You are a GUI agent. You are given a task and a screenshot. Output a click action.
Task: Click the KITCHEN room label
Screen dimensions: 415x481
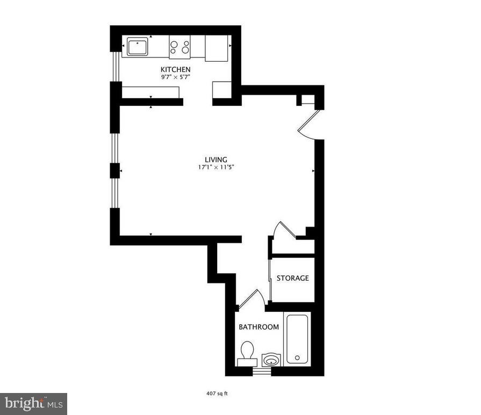175,70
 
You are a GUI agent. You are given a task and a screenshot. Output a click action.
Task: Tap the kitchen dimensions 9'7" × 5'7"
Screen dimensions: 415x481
175,77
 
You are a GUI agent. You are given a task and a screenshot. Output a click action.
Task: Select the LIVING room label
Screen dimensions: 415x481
216,159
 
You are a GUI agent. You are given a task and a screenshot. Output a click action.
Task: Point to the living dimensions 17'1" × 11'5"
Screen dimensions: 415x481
216,167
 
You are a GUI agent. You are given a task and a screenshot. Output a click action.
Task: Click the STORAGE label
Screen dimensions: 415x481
292,278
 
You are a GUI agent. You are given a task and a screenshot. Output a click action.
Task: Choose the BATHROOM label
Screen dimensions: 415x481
259,327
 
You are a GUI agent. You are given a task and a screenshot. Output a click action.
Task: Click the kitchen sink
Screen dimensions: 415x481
138,47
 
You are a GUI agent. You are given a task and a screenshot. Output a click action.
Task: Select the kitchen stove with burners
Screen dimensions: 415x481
180,47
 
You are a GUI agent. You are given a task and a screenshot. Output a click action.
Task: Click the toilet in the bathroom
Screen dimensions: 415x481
247,354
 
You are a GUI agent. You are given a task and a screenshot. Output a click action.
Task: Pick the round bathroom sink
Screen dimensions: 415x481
270,360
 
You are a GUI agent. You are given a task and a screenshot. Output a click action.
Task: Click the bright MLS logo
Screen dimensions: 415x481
33,403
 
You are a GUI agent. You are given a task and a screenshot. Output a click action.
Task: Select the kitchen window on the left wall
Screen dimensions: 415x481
114,67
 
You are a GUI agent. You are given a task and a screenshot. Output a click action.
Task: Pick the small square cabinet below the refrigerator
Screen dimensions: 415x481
221,89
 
